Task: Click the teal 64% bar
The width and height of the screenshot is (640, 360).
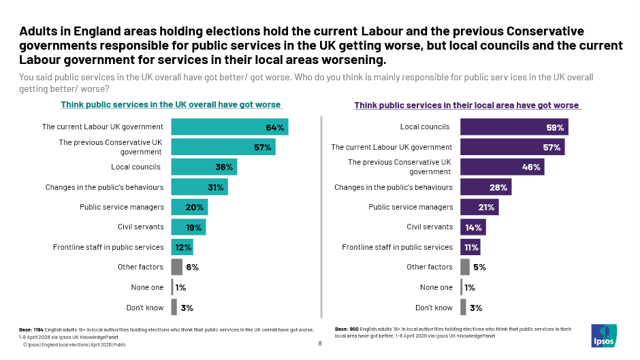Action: pyautogui.click(x=229, y=127)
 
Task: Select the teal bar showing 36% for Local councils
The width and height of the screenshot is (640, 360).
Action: pyautogui.click(x=204, y=167)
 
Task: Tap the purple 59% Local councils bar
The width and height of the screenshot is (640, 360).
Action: pyautogui.click(x=514, y=127)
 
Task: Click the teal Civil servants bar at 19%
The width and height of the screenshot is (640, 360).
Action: pyautogui.click(x=188, y=227)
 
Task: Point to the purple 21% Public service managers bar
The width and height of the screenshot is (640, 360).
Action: pyautogui.click(x=479, y=207)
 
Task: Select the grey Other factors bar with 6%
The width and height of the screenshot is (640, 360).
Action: pyautogui.click(x=177, y=267)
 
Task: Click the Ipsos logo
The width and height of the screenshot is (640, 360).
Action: pyautogui.click(x=604, y=334)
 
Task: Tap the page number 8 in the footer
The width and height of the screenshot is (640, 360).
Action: pyautogui.click(x=320, y=344)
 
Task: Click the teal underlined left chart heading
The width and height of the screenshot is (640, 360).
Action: pyautogui.click(x=170, y=105)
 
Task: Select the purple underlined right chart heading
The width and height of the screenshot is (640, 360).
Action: pyautogui.click(x=466, y=105)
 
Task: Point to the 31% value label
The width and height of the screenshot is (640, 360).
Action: pyautogui.click(x=216, y=187)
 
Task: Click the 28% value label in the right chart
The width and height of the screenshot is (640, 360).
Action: pyautogui.click(x=498, y=187)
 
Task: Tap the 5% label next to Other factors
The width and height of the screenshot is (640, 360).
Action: pyautogui.click(x=479, y=267)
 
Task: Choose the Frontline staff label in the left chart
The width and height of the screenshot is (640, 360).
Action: pyautogui.click(x=108, y=247)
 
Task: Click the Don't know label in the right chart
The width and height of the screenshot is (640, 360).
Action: pyautogui.click(x=434, y=308)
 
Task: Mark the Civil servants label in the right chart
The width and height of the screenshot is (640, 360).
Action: pyautogui.click(x=430, y=227)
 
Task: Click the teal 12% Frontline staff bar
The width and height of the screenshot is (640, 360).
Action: pyautogui.click(x=182, y=247)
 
